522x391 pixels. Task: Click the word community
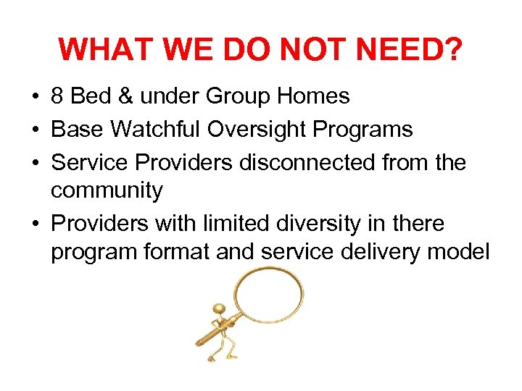click(107, 191)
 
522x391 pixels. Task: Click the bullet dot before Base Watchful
click(34, 130)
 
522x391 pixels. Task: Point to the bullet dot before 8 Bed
click(34, 96)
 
